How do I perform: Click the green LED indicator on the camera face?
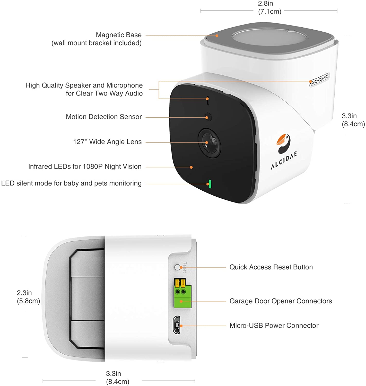(x=210, y=184)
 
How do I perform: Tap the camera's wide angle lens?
(x=209, y=143)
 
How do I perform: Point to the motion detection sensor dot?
(x=208, y=117)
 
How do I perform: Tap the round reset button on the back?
(x=177, y=267)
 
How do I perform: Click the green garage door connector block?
(x=182, y=296)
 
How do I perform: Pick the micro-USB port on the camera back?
(x=177, y=325)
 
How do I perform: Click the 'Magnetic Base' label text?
(x=119, y=35)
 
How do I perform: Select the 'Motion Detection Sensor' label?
(x=104, y=117)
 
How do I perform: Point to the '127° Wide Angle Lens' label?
(x=107, y=142)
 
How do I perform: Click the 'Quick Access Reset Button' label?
(x=271, y=267)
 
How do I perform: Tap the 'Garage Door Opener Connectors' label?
(x=281, y=301)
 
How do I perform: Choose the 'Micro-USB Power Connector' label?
(x=274, y=326)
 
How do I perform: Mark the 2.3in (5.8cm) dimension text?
(x=28, y=297)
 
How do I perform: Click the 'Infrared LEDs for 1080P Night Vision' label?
(x=85, y=167)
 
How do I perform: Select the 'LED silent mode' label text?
(x=71, y=183)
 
